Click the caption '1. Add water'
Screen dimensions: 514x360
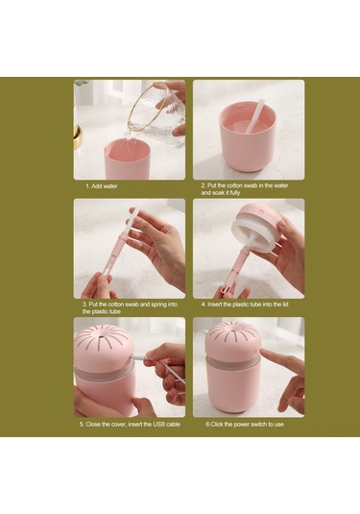103,185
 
